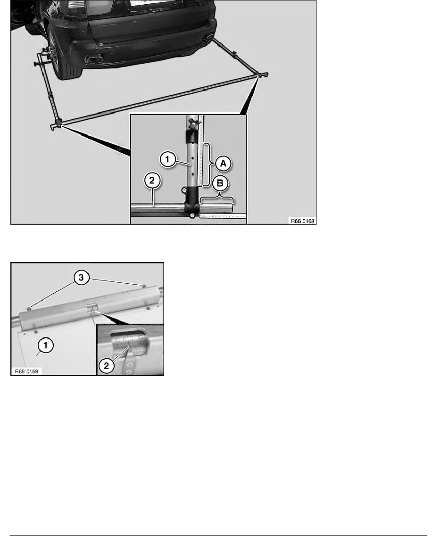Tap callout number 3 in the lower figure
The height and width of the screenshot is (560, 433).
(81, 279)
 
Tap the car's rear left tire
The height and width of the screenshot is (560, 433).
(62, 57)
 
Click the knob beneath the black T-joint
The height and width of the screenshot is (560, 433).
(192, 216)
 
